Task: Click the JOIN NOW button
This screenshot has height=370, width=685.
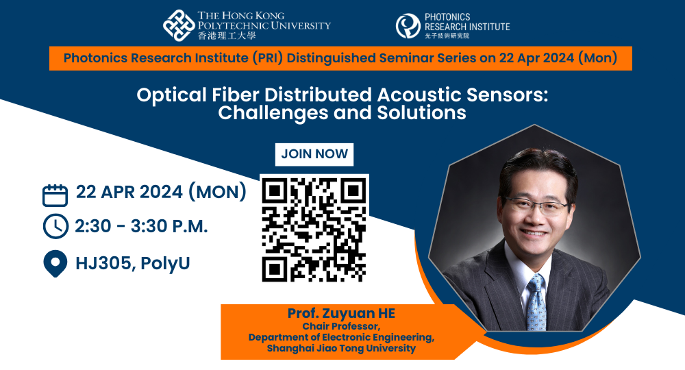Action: point(314,154)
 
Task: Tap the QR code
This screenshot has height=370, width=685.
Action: point(314,228)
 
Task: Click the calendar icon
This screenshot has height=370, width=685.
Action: point(55,195)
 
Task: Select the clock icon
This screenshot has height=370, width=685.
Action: point(55,226)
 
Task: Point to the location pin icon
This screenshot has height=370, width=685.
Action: point(55,264)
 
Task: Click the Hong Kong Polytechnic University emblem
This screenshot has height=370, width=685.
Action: point(179,26)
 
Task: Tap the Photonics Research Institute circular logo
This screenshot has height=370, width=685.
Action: point(408,26)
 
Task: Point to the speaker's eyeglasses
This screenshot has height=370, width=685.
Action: point(537,205)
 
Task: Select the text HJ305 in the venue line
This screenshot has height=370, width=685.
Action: point(103,263)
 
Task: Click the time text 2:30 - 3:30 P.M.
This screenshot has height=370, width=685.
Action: point(141,226)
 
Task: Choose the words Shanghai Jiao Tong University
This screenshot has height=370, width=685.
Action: point(341,348)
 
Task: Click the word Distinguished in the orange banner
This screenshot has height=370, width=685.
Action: point(331,58)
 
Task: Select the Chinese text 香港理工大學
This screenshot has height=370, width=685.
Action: point(227,36)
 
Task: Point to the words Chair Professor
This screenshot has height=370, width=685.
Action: point(341,326)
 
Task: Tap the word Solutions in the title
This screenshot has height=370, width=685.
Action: point(421,112)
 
